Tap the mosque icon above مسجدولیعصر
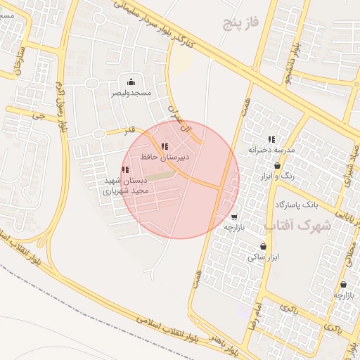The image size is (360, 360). tap(131, 82)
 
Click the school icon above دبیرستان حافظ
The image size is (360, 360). tap(165, 146)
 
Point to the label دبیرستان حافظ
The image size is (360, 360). tap(165, 157)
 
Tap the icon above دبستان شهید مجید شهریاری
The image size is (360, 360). tap(125, 169)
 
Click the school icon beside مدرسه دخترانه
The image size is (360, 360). tap(272, 139)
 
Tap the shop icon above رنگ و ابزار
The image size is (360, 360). tap(277, 165)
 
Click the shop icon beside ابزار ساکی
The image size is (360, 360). tap(263, 247)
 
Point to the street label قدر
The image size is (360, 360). tap(129, 130)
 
